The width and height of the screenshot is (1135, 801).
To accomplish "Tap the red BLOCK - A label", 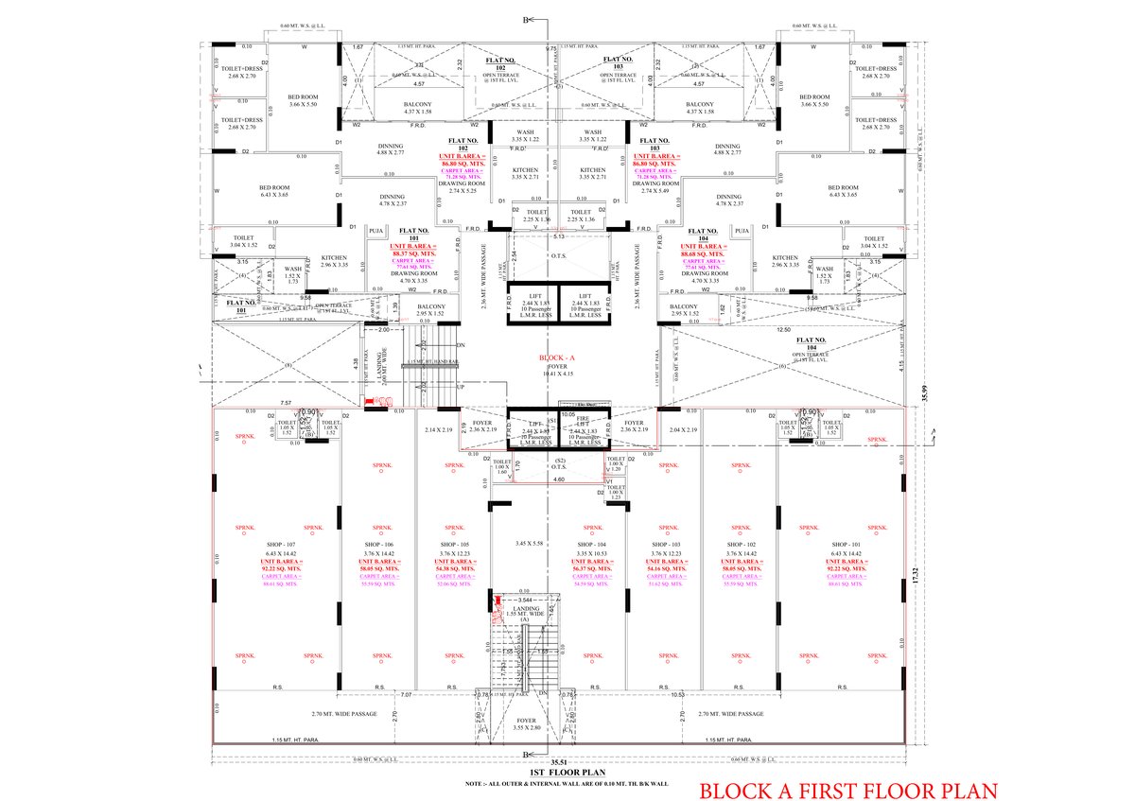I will [556, 359].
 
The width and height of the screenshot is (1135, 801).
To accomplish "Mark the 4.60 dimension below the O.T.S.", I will [558, 480].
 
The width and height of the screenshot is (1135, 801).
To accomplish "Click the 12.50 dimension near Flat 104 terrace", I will [783, 330].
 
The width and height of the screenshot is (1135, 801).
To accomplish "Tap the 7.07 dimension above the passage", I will [407, 695].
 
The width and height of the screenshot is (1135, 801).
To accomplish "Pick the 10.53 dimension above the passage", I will [677, 695].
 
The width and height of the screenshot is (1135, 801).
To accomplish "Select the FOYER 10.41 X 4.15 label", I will [556, 370].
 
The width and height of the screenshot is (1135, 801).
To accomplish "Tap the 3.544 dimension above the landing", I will [526, 601].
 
